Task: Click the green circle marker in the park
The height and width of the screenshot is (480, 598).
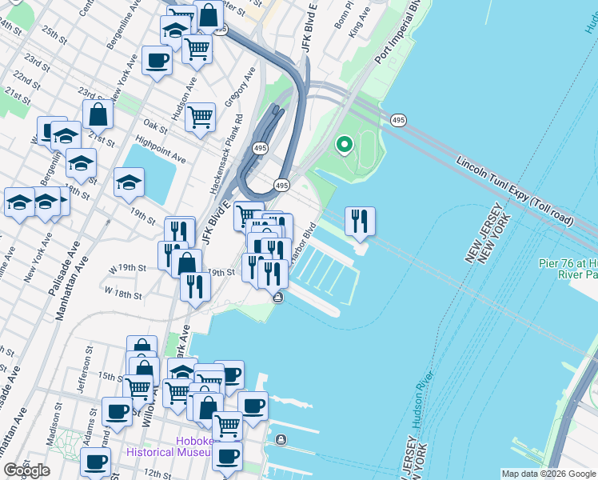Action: pos(345,145)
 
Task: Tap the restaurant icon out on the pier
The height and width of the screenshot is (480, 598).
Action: pos(360,220)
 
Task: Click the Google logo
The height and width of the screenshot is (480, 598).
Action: pos(27,471)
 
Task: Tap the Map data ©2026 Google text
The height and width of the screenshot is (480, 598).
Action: pos(548,474)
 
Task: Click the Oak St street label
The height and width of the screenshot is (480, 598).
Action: pos(156,126)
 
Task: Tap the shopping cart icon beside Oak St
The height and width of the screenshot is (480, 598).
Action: pos(200,118)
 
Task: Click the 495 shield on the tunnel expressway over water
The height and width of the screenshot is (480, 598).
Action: pos(397,120)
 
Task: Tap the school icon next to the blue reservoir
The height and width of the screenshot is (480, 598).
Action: pos(128,183)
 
